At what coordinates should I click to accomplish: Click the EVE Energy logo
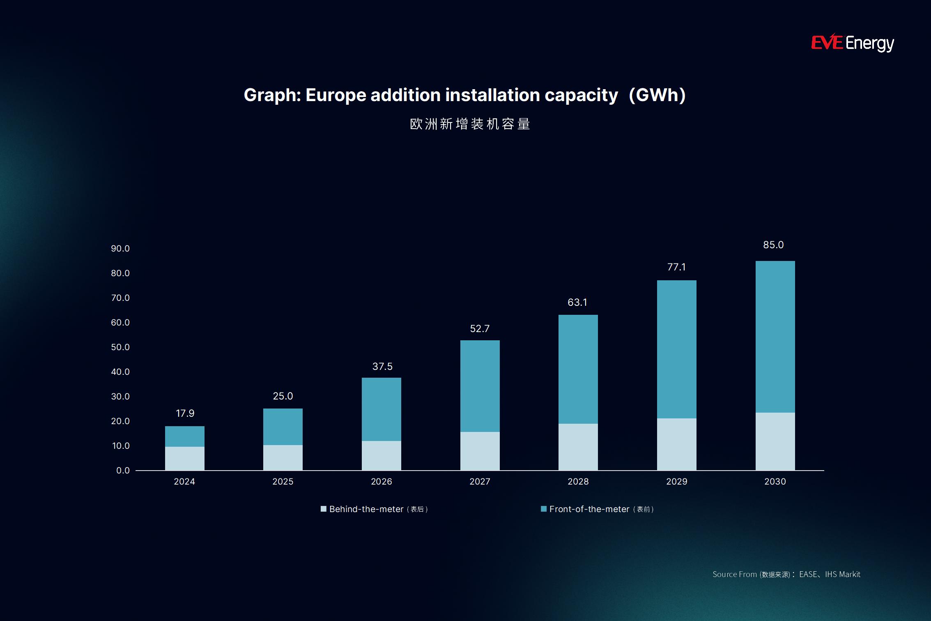852,43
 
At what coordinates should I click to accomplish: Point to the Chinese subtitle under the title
470,124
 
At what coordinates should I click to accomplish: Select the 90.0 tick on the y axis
120,249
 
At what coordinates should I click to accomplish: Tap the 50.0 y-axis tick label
120,347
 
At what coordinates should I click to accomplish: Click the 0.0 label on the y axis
123,471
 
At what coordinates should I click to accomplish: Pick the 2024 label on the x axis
184,482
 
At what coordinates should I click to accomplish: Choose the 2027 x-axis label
480,482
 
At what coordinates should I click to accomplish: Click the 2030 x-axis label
775,482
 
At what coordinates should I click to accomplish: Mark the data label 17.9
185,413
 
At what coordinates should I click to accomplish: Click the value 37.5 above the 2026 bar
382,367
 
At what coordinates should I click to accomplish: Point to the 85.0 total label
773,245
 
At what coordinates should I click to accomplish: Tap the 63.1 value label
577,302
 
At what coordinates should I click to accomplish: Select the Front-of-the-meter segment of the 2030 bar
775,337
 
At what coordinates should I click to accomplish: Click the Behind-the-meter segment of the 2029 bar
676,444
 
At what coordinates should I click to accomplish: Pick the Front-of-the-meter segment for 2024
185,436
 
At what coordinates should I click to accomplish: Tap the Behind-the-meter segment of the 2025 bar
283,457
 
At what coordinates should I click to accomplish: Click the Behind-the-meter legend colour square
324,509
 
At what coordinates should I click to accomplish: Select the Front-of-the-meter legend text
589,509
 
